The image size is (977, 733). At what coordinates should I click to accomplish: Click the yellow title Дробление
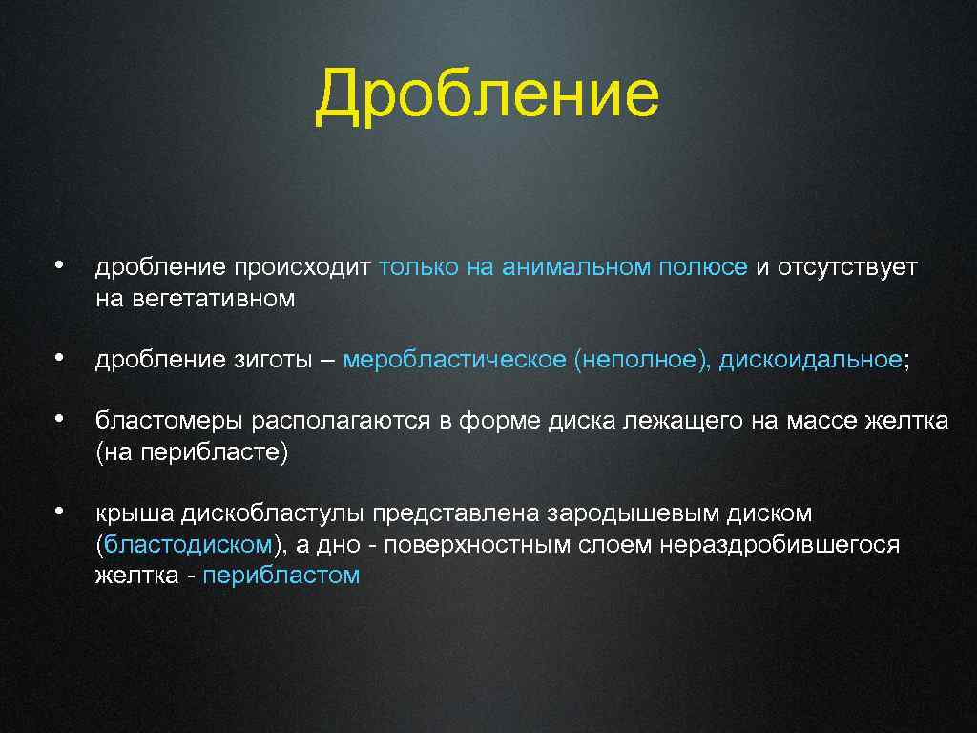pos(488,95)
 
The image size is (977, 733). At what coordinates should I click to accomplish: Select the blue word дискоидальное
pos(810,360)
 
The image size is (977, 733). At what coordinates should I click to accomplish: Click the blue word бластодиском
pos(188,544)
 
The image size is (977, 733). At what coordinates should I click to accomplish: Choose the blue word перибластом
pos(281,576)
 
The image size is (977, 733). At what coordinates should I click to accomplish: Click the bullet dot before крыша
pos(59,512)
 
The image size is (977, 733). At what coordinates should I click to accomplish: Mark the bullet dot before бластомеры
pos(59,419)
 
